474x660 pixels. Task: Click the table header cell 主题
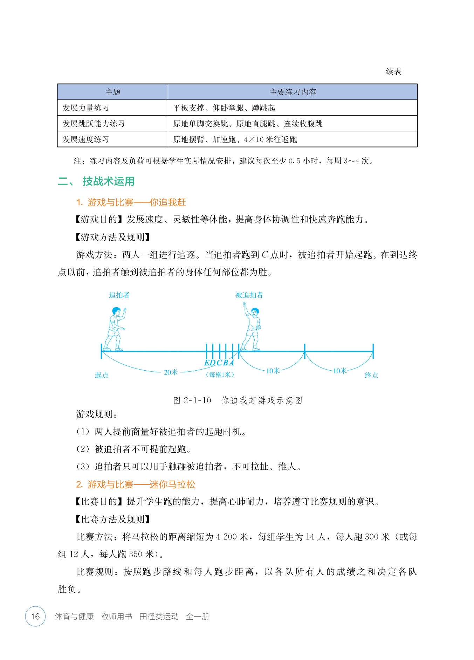point(113,92)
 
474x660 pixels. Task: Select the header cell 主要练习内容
point(293,92)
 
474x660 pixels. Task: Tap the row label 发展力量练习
point(86,108)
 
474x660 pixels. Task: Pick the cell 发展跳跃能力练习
point(94,124)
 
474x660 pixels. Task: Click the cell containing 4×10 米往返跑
point(235,139)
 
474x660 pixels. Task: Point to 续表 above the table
point(393,71)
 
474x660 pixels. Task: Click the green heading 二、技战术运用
point(96,181)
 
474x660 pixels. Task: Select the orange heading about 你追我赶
point(131,202)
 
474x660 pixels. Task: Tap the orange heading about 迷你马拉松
point(136,484)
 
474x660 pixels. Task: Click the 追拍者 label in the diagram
point(119,295)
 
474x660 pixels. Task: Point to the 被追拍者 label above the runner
point(249,295)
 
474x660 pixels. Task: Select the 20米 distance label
point(171,372)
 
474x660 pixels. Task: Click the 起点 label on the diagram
point(102,375)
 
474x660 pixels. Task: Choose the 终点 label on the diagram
point(371,375)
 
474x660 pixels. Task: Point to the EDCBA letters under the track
point(219,363)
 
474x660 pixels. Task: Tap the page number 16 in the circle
point(36,616)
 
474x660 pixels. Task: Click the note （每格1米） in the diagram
point(220,375)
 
